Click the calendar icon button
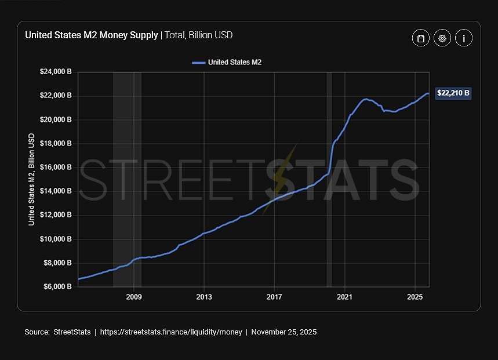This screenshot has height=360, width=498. tap(421, 38)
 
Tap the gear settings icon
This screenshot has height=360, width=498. tap(442, 38)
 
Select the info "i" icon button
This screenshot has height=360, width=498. tap(464, 38)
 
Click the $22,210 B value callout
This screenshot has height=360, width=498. tap(453, 93)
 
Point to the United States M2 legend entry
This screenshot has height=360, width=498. tap(227, 62)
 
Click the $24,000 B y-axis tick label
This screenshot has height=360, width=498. tap(56, 72)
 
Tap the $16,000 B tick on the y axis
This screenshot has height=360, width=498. tap(56, 167)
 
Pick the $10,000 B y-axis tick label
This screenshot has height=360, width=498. tap(56, 239)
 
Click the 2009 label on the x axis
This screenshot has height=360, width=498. tap(134, 296)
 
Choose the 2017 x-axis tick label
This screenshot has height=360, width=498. tap(274, 296)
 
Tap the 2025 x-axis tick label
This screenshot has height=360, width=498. tap(415, 296)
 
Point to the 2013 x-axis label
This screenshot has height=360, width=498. tap(204, 296)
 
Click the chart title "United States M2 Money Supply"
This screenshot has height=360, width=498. tap(91, 35)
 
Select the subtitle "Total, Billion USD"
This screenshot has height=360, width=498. tap(199, 35)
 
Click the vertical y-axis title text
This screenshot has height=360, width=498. tap(32, 179)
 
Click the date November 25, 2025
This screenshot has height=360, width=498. tap(284, 332)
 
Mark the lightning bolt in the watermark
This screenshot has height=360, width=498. tap(281, 176)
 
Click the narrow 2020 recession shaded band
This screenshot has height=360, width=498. tap(329, 179)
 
